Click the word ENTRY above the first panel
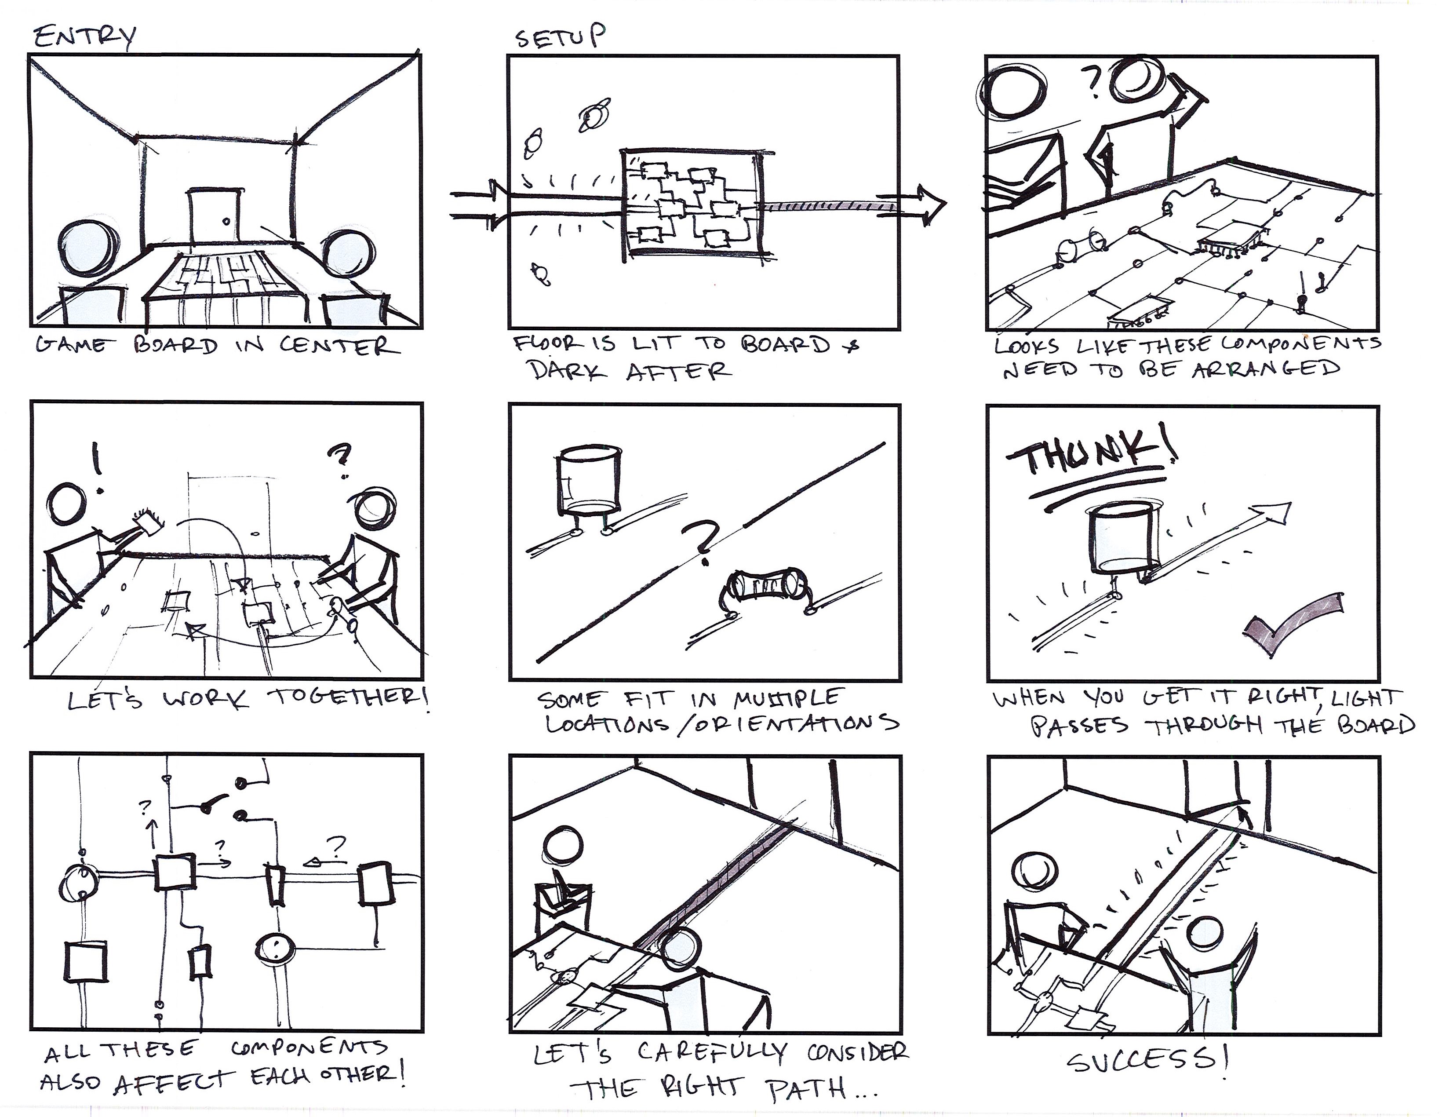pyautogui.click(x=84, y=37)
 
